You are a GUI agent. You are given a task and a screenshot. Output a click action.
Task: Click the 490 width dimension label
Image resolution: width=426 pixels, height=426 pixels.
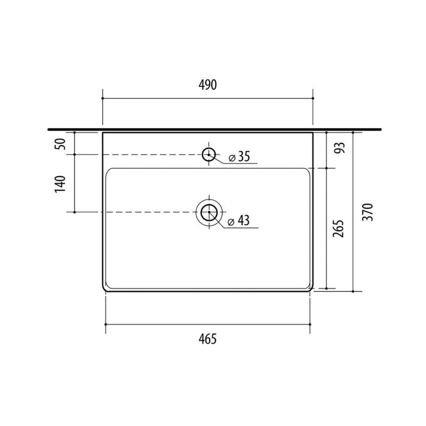pyautogui.click(x=208, y=85)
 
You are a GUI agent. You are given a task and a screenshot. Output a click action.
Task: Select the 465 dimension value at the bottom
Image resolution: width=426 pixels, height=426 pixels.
pyautogui.click(x=208, y=339)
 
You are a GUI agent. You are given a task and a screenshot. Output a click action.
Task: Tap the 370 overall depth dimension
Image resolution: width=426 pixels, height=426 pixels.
pyautogui.click(x=368, y=212)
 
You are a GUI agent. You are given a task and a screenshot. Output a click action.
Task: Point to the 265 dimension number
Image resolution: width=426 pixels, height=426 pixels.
pyautogui.click(x=339, y=229)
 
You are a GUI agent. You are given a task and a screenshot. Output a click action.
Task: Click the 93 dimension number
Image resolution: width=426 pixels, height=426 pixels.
pyautogui.click(x=339, y=148)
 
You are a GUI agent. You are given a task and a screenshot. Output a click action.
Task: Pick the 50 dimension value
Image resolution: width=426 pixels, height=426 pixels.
pyautogui.click(x=60, y=144)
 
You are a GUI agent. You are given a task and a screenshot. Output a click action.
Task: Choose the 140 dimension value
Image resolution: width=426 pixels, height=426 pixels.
pyautogui.click(x=60, y=184)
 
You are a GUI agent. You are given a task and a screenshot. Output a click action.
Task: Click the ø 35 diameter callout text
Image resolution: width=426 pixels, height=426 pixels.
pyautogui.click(x=239, y=157)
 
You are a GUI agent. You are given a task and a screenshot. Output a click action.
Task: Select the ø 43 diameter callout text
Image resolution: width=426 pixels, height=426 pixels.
pyautogui.click(x=239, y=220)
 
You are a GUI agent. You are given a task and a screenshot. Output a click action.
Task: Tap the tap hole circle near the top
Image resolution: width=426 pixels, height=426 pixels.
pyautogui.click(x=209, y=149)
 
